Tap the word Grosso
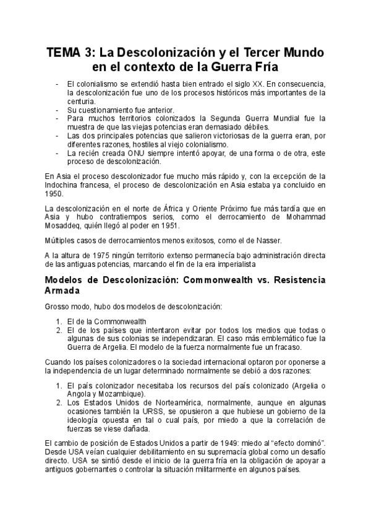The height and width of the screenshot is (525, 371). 58,306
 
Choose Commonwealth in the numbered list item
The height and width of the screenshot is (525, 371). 121,321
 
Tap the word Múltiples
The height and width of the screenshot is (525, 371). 61,239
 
